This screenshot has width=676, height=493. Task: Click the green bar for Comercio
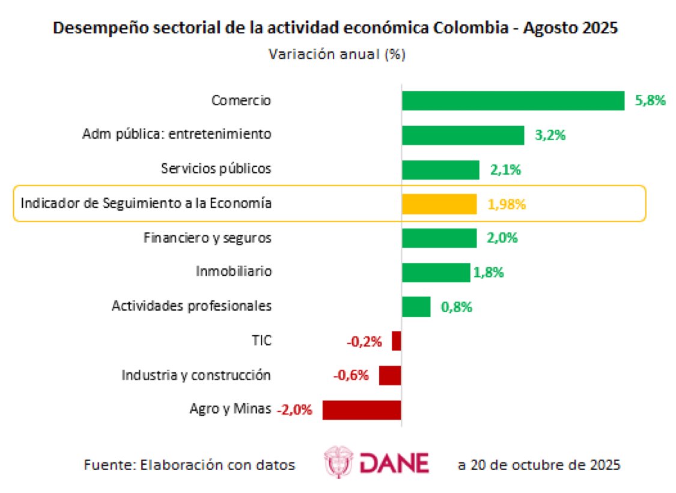pyautogui.click(x=513, y=101)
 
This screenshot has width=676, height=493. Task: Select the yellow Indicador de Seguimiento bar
pyautogui.click(x=439, y=204)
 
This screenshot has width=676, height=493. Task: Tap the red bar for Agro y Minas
pyautogui.click(x=361, y=410)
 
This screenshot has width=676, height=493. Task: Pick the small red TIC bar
pyautogui.click(x=396, y=341)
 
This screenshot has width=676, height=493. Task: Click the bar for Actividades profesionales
pyautogui.click(x=416, y=307)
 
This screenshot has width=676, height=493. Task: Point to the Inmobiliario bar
pyautogui.click(x=436, y=273)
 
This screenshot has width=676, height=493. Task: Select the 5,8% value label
pyautogui.click(x=650, y=101)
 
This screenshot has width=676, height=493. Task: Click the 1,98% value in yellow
pyautogui.click(x=507, y=204)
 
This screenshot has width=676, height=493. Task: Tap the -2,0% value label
pyautogui.click(x=295, y=411)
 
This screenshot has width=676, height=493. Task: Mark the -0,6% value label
pyautogui.click(x=351, y=377)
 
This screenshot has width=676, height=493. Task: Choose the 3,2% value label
pyautogui.click(x=550, y=135)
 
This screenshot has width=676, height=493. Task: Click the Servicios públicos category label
pyautogui.click(x=216, y=169)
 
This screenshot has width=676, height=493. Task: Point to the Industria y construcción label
pyautogui.click(x=196, y=376)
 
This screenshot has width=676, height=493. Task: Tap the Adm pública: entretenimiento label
pyautogui.click(x=177, y=135)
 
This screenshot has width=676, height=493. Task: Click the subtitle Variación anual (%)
pyautogui.click(x=336, y=54)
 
